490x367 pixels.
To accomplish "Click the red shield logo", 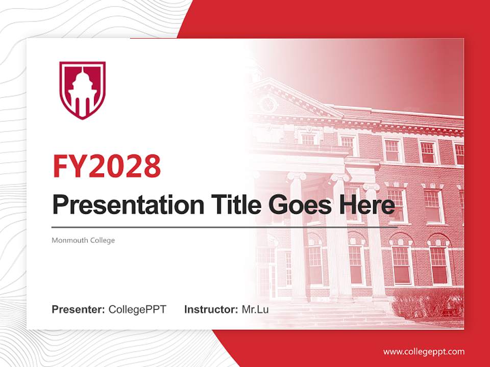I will click(x=82, y=90).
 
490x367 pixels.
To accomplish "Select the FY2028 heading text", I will click(x=107, y=166).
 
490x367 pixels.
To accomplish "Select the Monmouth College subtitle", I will click(x=83, y=240).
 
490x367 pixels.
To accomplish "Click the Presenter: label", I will click(x=79, y=309).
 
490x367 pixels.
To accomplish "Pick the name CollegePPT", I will click(x=137, y=309).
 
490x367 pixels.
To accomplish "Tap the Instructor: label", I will click(x=211, y=309).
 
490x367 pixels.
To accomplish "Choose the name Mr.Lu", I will click(x=255, y=309).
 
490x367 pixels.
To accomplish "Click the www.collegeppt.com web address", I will click(x=424, y=351).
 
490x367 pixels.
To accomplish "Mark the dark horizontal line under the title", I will click(x=225, y=227).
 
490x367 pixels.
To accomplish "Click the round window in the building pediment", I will click(x=267, y=104).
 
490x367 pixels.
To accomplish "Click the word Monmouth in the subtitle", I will click(x=68, y=240).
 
